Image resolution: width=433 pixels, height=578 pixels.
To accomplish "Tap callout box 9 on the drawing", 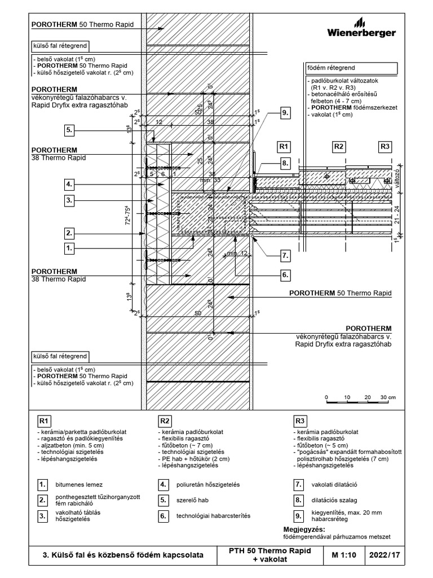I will point(286,113).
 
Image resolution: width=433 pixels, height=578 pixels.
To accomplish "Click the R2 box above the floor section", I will point(338,147).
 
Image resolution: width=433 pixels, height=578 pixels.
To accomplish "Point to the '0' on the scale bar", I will point(328,397).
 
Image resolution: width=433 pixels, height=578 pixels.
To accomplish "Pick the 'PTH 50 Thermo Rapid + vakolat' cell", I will point(270,555).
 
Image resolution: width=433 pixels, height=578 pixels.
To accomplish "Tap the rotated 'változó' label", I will point(398,172).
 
